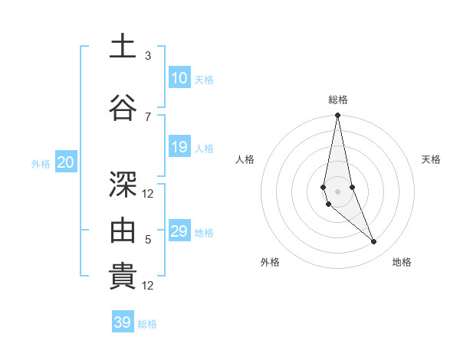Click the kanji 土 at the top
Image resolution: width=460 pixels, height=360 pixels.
pos(123,47)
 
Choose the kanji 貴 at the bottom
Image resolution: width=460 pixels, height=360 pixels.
pos(123,277)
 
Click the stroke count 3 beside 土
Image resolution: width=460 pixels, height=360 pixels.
pos(148,56)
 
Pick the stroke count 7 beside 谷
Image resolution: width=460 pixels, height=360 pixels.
pos(148,116)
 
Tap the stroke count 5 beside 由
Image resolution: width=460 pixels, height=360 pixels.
pos(148,240)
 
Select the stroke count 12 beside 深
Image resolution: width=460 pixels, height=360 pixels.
pos(148,193)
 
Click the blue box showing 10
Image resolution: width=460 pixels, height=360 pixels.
pos(179,78)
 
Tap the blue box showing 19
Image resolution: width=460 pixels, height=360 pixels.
pos(179,147)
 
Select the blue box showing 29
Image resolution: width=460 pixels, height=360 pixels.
pos(179,231)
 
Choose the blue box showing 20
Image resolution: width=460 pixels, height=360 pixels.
pos(66,162)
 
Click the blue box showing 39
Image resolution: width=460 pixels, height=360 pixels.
pos(122,322)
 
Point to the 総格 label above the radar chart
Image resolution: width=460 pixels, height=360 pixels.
pos(338,100)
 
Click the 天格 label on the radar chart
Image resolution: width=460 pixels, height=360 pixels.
pos(432,159)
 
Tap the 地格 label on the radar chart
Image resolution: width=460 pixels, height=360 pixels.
pos(402,262)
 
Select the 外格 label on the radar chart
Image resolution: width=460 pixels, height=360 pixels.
pos(270,262)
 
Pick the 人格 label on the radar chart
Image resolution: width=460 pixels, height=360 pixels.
pos(245,159)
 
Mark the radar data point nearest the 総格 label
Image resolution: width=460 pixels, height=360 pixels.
pos(337,116)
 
